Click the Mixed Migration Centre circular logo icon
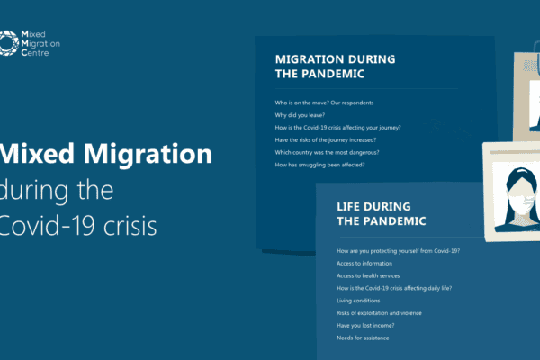(9, 43)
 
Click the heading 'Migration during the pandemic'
(335, 67)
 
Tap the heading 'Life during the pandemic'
(382, 214)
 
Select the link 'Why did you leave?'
(300, 115)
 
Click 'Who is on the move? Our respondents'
(324, 103)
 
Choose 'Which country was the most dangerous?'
(327, 153)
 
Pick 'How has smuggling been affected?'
(319, 165)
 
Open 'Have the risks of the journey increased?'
(326, 140)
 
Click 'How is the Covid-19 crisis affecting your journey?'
(337, 128)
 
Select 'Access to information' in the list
(364, 264)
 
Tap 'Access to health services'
(368, 276)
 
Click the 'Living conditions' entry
(358, 301)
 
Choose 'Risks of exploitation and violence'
(379, 313)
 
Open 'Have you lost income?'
(365, 326)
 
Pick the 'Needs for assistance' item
(363, 338)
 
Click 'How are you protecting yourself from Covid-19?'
(398, 251)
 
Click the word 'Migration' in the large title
(148, 154)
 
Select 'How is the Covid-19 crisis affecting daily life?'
(394, 288)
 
